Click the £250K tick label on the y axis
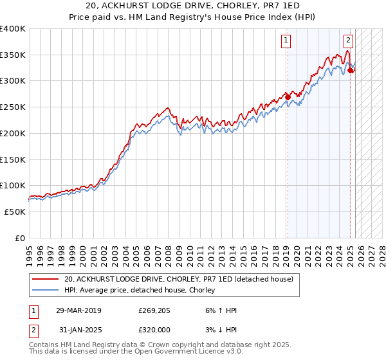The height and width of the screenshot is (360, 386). pyautogui.click(x=13, y=107)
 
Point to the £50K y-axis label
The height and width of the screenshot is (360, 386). pyautogui.click(x=15, y=212)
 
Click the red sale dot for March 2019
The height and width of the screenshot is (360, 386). pyautogui.click(x=287, y=98)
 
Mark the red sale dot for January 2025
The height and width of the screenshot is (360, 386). pyautogui.click(x=350, y=71)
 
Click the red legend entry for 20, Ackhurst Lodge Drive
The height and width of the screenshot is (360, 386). pyautogui.click(x=178, y=279)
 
